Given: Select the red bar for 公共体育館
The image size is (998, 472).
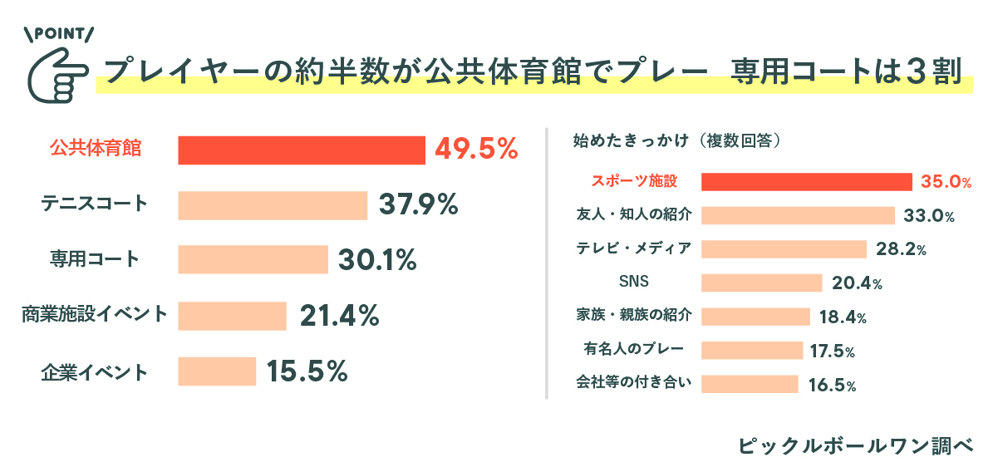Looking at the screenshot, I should coord(302,150).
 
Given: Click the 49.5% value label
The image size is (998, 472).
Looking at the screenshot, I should coord(476,150).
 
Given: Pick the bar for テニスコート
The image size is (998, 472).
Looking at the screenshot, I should coord(273,205).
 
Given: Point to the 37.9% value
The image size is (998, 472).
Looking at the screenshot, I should coord(419,205).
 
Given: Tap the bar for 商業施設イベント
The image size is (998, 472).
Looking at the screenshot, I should coord(232,316).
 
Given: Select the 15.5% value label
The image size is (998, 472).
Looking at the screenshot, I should coord(307,371).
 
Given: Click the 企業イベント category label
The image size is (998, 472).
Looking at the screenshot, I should coord(94,371).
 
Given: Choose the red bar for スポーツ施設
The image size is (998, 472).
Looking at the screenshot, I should coord(807,182).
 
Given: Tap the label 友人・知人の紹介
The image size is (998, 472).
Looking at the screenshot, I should coord(634,215).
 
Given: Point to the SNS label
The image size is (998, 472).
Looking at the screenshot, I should coord(634,283).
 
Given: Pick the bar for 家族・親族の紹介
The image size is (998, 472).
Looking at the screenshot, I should coord(755,317).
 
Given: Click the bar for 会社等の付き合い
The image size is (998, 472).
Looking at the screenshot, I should coord(750,384).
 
